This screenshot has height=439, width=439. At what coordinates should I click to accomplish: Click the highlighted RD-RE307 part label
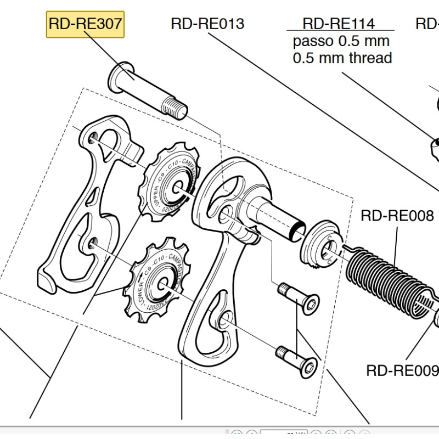point(85,24)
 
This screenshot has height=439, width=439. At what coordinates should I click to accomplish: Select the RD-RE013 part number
point(207,24)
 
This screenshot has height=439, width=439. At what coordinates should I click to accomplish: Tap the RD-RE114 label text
point(339,24)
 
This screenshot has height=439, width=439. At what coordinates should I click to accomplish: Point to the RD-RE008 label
point(397,215)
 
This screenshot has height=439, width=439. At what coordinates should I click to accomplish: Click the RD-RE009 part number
point(402,371)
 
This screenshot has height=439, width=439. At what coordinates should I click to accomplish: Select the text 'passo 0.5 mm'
point(341,41)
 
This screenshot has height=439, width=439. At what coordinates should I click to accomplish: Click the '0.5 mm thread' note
point(342,58)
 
